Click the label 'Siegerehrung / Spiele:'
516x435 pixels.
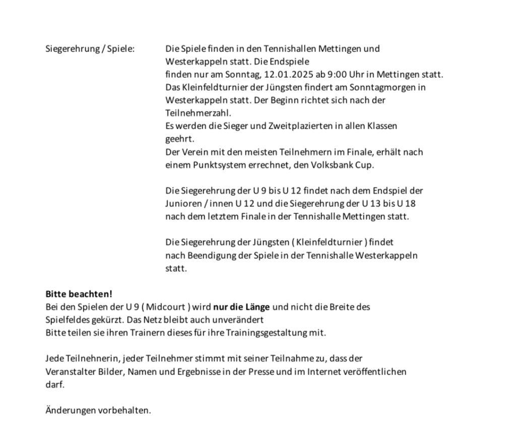click(90, 49)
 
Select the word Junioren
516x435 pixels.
click(183, 204)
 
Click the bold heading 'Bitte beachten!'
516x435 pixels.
click(79, 294)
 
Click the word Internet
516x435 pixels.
click(321, 371)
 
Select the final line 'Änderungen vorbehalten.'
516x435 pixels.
click(98, 410)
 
